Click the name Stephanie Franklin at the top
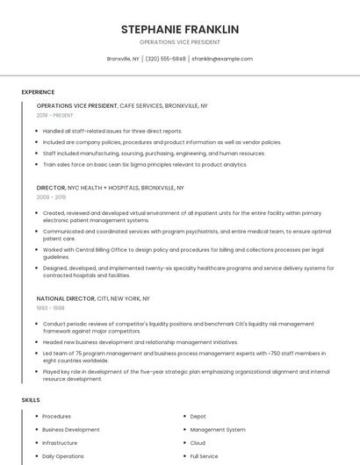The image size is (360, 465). [180, 29]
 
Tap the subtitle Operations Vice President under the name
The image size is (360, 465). [180, 42]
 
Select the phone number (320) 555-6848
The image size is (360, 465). [165, 59]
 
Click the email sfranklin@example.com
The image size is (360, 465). [222, 59]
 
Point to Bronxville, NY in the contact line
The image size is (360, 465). [123, 59]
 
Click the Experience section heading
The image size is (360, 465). [38, 92]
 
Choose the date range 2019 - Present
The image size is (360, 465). [55, 115]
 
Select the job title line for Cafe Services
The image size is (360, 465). [122, 105]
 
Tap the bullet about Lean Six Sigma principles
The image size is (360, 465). [145, 164]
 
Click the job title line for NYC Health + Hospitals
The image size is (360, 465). [111, 188]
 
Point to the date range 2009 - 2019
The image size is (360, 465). [51, 197]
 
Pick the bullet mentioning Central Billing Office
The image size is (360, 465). [183, 253]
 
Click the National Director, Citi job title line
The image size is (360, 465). [93, 298]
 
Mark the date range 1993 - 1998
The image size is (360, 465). [50, 308]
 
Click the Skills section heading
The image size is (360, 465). [31, 400]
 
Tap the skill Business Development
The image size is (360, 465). [71, 430]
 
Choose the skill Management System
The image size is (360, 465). [218, 430]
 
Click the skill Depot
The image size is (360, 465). [198, 417]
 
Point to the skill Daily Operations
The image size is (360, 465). [63, 456]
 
